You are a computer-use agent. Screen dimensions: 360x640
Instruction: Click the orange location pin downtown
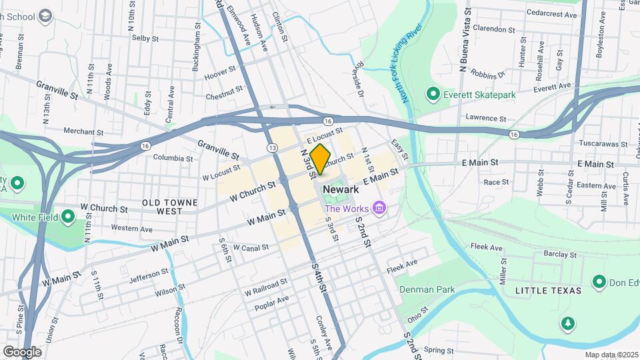coord(320,159)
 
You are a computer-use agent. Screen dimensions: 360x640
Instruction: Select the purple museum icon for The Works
coord(379,209)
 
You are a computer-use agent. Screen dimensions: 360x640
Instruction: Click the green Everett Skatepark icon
coord(432,95)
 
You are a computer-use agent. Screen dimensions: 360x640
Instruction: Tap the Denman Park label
coord(426,289)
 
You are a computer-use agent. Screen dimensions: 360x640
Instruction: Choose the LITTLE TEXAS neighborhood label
coord(548,291)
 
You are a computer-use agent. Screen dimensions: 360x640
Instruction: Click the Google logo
coord(22,351)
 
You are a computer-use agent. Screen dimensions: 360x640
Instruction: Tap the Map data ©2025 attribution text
coord(612,355)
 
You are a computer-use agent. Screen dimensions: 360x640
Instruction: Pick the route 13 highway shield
coord(271,147)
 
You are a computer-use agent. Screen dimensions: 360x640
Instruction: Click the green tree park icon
coord(567,323)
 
